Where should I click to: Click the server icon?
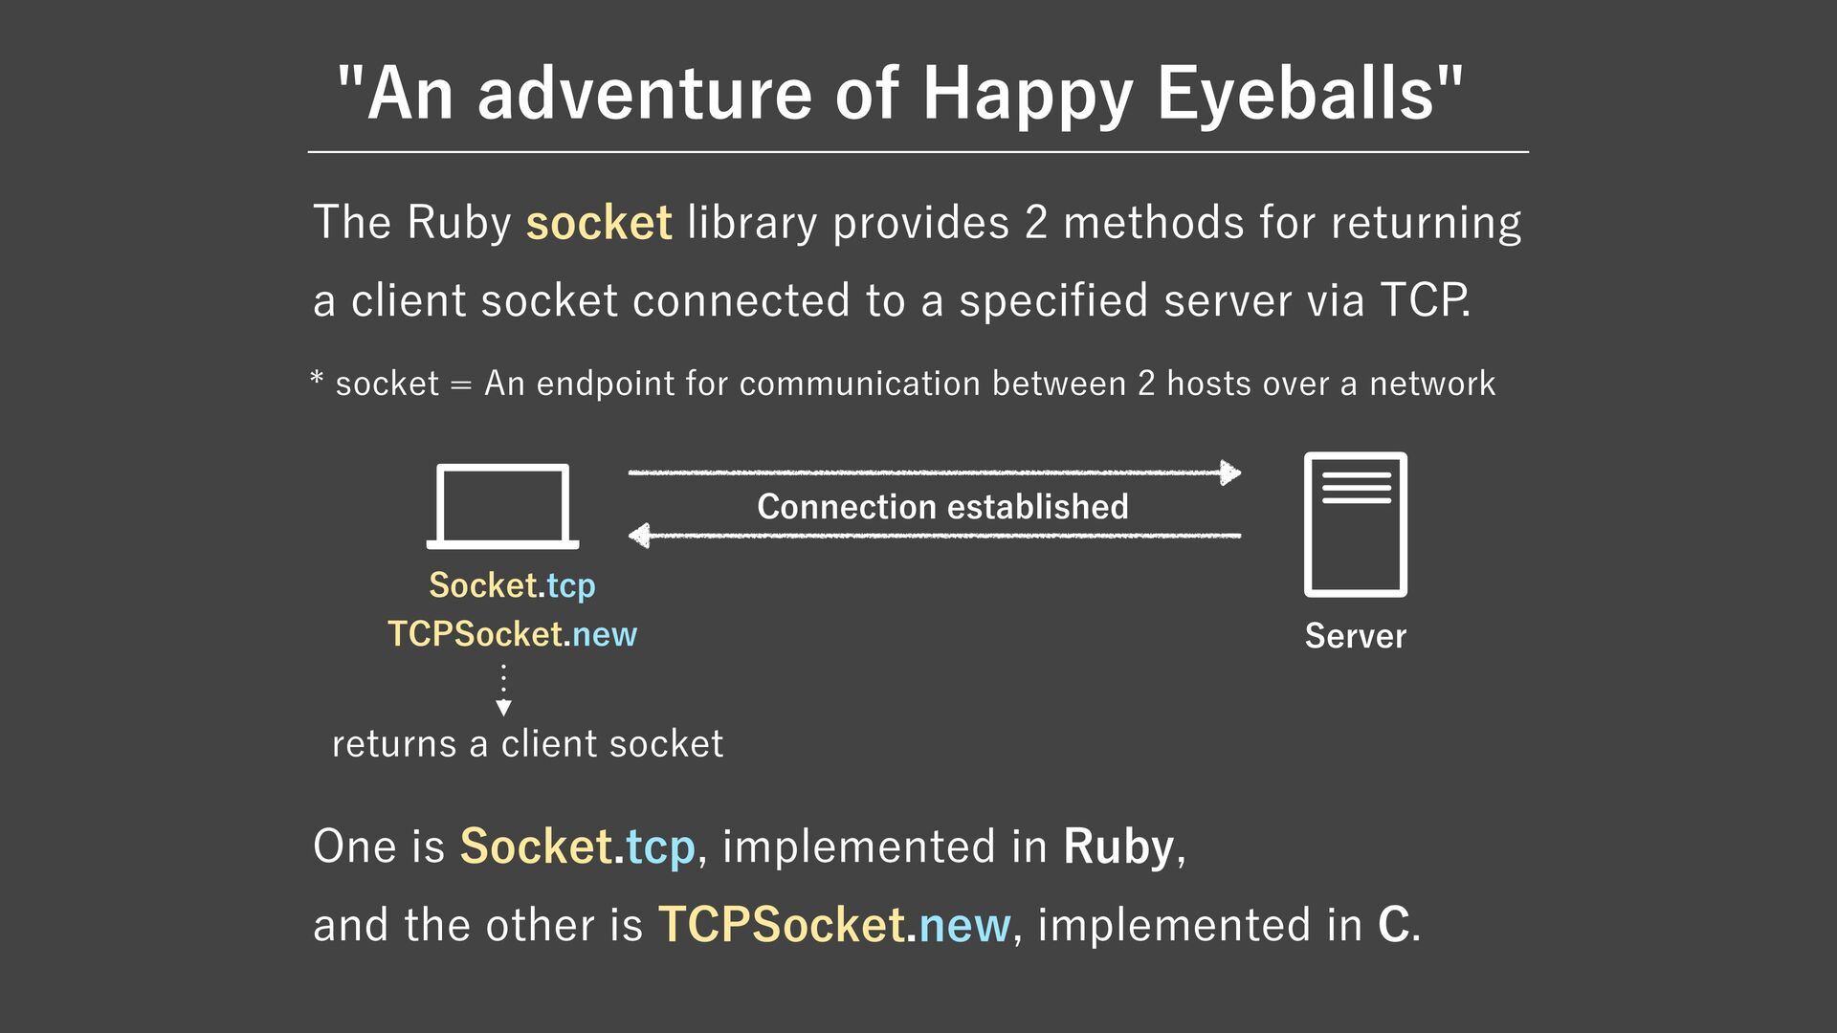click(1355, 524)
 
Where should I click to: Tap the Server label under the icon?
click(1355, 636)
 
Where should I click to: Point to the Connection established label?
click(942, 506)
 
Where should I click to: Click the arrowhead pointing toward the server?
click(1230, 472)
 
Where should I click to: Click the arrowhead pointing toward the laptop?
click(639, 536)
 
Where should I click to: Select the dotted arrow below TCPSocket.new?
click(503, 691)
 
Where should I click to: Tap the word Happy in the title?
click(1029, 94)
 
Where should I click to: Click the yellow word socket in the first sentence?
click(599, 223)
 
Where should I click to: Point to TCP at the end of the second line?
click(1423, 300)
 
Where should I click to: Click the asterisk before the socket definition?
click(318, 379)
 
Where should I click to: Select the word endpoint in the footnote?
click(605, 384)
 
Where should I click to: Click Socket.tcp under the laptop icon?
click(512, 584)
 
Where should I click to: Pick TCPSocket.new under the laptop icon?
click(512, 633)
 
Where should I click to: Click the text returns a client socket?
click(527, 743)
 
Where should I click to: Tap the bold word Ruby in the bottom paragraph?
click(1118, 846)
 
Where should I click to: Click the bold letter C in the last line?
click(1393, 925)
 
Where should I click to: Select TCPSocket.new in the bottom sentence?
click(833, 925)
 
